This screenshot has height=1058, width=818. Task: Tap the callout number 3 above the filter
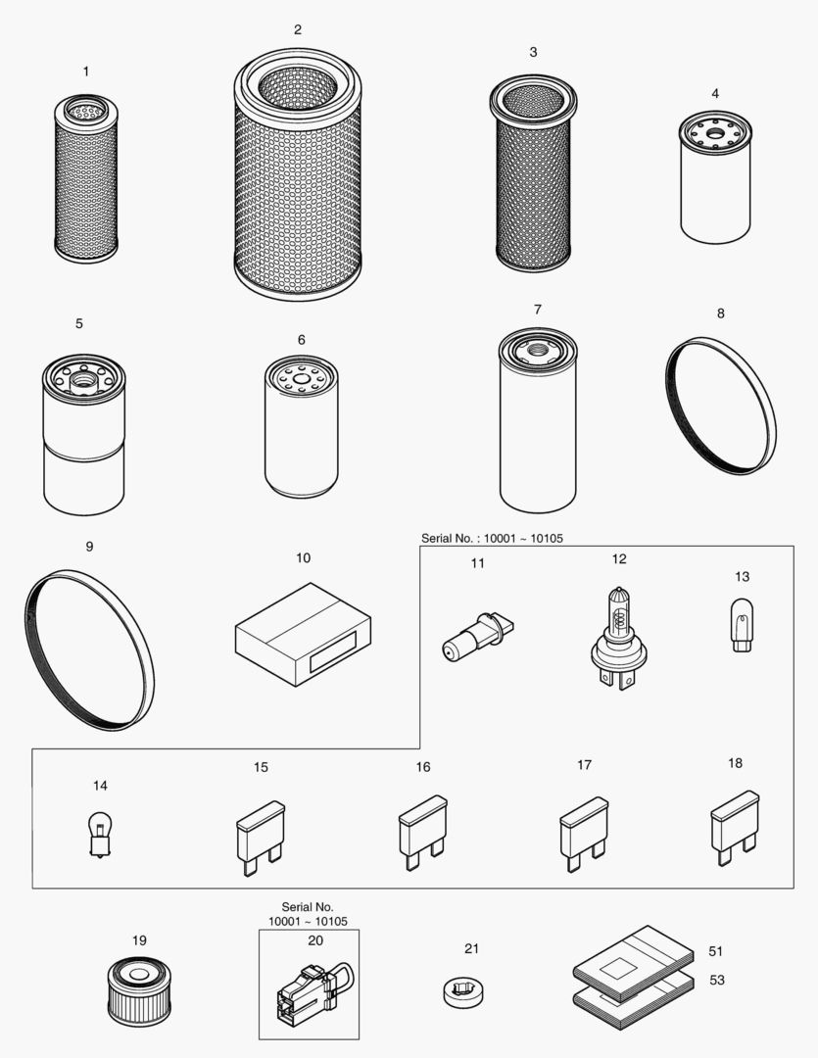pyautogui.click(x=533, y=52)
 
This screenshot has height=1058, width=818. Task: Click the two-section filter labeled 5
pyautogui.click(x=84, y=435)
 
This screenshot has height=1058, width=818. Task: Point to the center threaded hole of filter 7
pyautogui.click(x=538, y=349)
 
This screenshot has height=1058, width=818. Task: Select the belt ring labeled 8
pyautogui.click(x=720, y=406)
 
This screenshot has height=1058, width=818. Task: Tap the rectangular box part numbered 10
pyautogui.click(x=303, y=636)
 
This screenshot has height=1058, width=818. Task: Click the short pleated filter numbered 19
pyautogui.click(x=139, y=990)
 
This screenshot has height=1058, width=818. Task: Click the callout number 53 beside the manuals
pyautogui.click(x=717, y=980)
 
